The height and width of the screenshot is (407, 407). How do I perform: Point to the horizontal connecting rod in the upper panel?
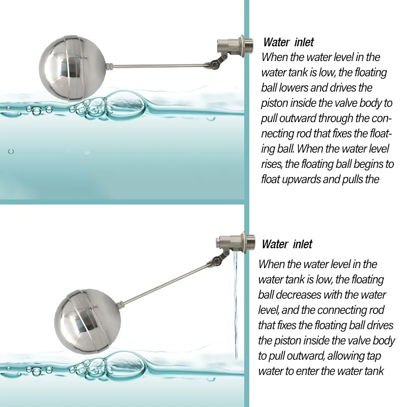pyautogui.click(x=158, y=66)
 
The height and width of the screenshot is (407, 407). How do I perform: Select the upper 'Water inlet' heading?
pyautogui.click(x=288, y=43)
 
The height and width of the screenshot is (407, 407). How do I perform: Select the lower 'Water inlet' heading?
pyautogui.click(x=287, y=244)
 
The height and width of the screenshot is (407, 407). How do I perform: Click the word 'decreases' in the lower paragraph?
pyautogui.click(x=301, y=295)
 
